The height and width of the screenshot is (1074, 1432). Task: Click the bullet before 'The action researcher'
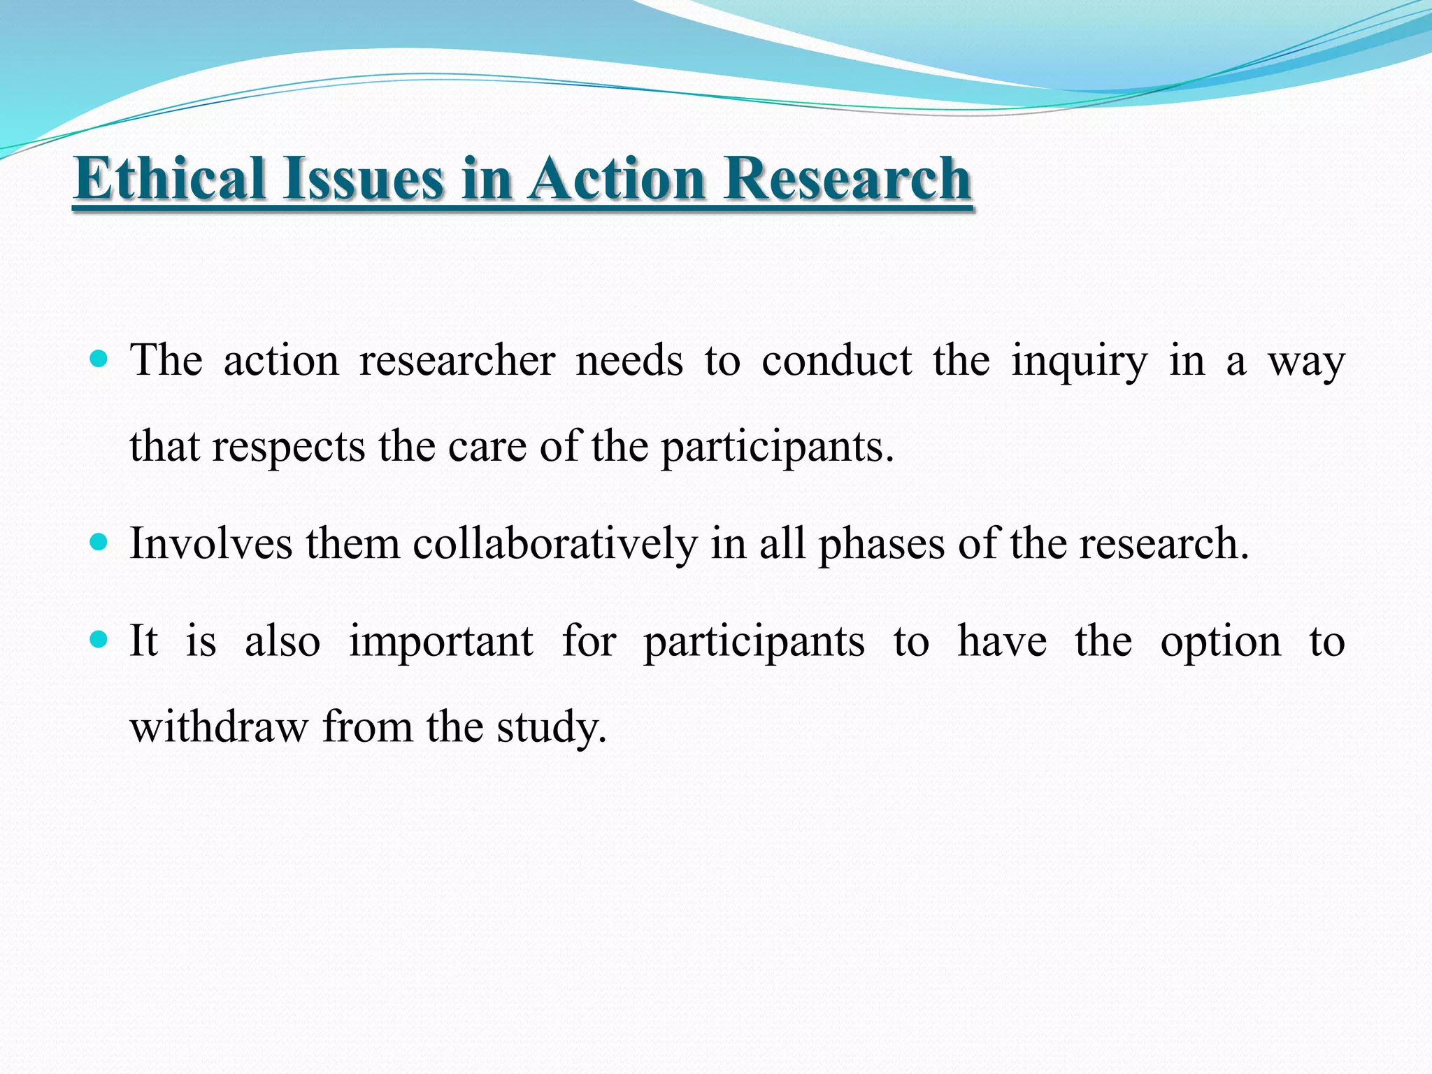pos(99,360)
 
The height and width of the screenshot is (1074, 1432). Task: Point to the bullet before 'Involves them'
pos(99,542)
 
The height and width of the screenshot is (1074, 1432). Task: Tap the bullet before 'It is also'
pos(99,640)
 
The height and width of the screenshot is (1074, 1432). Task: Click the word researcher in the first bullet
pos(457,361)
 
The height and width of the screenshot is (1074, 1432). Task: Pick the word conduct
pos(836,361)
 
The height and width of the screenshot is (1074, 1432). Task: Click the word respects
pos(288,447)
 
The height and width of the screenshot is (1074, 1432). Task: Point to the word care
pos(487,447)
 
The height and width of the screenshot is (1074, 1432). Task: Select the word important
pos(441,642)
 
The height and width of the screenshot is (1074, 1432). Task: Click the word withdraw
pos(219,727)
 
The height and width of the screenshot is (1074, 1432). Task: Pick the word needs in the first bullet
pos(629,361)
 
